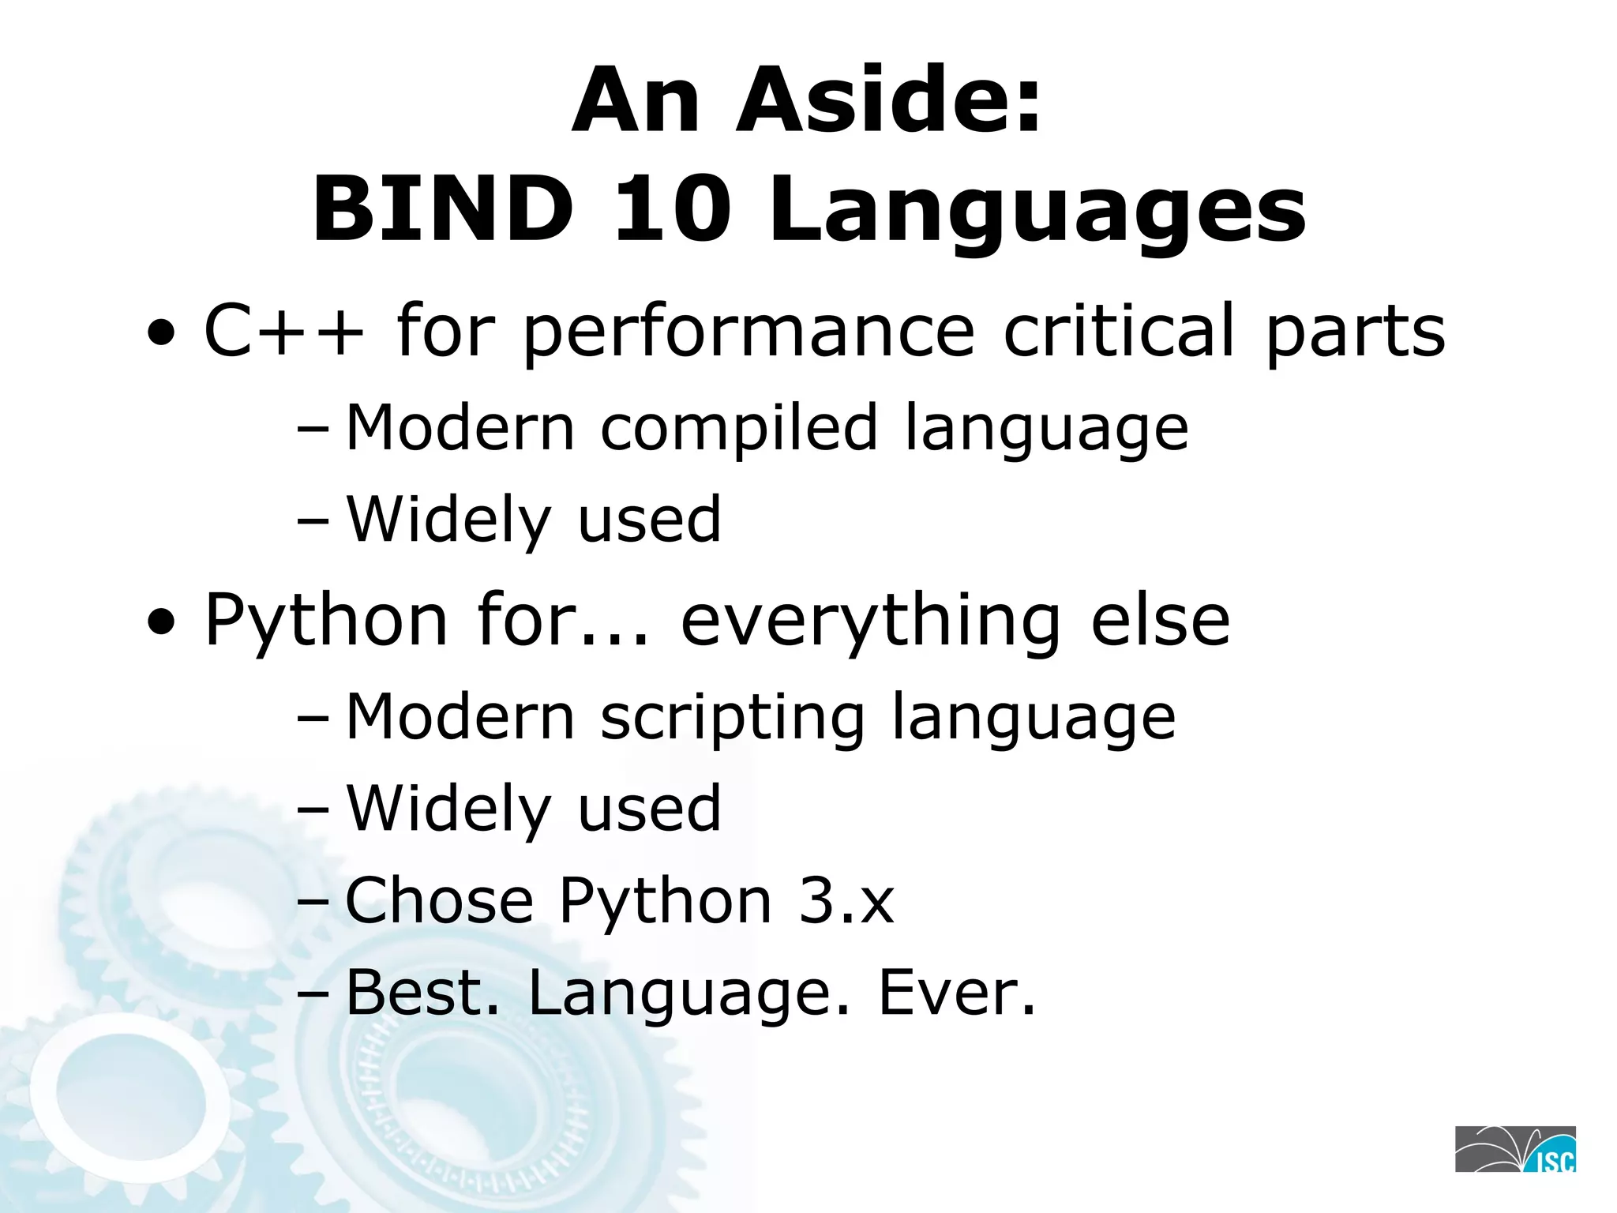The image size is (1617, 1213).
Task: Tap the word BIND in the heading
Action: click(x=443, y=210)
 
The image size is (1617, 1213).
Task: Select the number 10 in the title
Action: click(x=670, y=210)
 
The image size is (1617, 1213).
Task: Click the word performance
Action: click(x=748, y=332)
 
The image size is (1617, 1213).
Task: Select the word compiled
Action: click(x=739, y=429)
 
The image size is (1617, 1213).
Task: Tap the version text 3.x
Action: click(x=846, y=900)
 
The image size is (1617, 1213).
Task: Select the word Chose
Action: click(x=440, y=900)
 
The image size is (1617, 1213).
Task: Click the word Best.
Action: click(x=422, y=993)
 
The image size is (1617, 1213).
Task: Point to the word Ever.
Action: click(x=956, y=993)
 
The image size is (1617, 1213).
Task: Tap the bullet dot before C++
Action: click(x=161, y=333)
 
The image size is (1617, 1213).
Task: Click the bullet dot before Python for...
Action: click(x=161, y=623)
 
